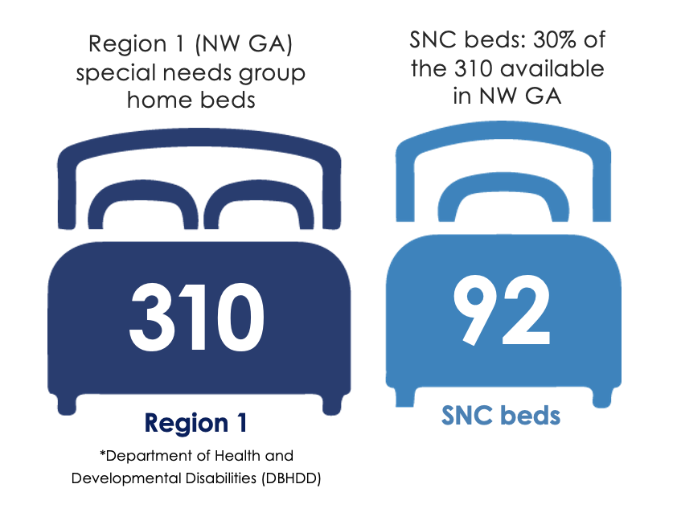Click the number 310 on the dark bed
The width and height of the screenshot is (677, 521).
point(196,317)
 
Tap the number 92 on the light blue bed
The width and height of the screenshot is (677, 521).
point(502,310)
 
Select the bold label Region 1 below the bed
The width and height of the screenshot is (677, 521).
point(195,424)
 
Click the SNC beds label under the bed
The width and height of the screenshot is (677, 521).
point(501,415)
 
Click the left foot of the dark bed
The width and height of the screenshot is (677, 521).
point(67,405)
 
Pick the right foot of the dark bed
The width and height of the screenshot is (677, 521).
point(331,405)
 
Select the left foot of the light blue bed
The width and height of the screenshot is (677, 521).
point(405,397)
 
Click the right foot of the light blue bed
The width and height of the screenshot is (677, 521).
point(602,397)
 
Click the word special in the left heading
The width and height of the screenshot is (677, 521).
point(115,73)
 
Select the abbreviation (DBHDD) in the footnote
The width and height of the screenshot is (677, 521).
point(291,478)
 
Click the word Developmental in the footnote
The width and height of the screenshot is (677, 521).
point(127,478)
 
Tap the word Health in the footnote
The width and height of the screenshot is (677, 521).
point(238,456)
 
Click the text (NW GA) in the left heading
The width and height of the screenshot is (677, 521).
point(244,44)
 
